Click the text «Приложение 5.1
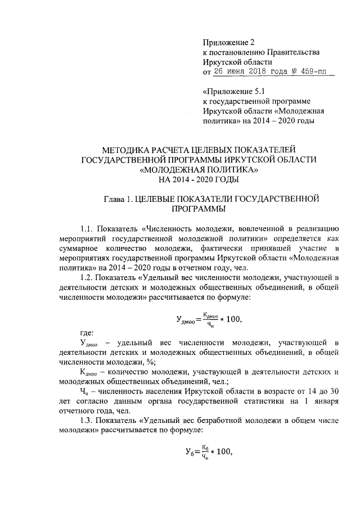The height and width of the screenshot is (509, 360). [x=232, y=91]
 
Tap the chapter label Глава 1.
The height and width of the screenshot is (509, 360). [x=120, y=199]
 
